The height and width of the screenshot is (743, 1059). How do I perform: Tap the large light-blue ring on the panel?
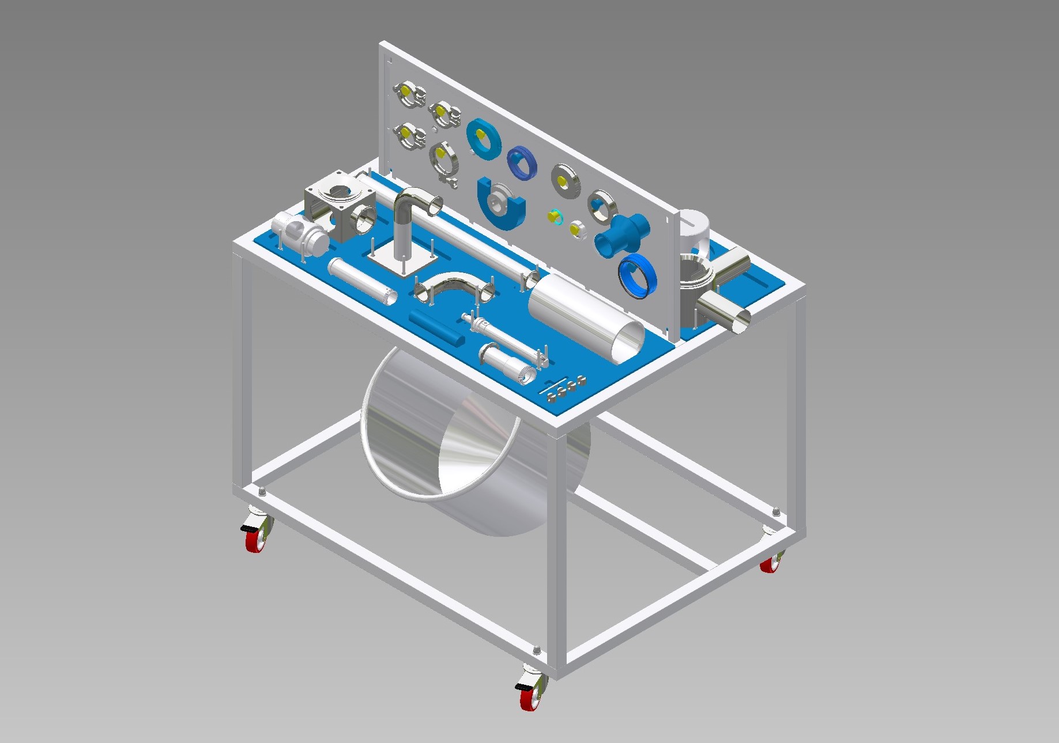pyautogui.click(x=483, y=139)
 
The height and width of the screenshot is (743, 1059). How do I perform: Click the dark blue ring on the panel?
pyautogui.click(x=522, y=161)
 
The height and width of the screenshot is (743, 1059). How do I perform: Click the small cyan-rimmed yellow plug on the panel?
pyautogui.click(x=555, y=217)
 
